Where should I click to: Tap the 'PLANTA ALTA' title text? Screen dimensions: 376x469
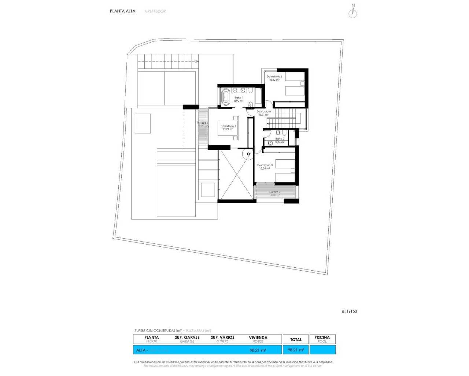tap(122, 11)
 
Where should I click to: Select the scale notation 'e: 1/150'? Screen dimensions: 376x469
tap(349, 311)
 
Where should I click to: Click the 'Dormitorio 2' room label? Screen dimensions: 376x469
tap(274, 76)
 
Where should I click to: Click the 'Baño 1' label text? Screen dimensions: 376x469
tap(239, 98)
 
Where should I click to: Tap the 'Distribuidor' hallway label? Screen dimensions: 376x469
tap(264, 111)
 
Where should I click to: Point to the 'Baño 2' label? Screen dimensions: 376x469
tap(280, 139)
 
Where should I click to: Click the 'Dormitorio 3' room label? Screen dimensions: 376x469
tap(265, 165)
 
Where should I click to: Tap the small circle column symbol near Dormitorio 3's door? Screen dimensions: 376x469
tap(248, 154)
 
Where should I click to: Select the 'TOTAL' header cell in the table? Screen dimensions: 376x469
tap(296, 340)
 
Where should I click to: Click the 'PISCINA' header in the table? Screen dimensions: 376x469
tap(322, 337)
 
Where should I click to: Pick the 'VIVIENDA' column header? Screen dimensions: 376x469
tap(258, 337)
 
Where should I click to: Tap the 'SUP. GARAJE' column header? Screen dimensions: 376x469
tap(187, 337)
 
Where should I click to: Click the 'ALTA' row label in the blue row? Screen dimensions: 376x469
tap(141, 350)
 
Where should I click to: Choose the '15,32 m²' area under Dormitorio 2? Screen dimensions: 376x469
tap(274, 80)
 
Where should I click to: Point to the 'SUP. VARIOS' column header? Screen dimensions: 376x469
tap(222, 337)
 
